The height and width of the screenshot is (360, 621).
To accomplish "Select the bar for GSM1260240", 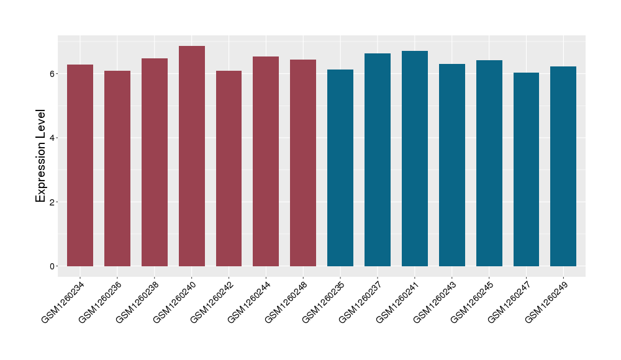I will pos(192,156).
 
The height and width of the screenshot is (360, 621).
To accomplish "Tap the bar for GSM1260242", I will pos(229,168).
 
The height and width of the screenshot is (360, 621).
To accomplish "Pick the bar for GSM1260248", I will pos(303,163).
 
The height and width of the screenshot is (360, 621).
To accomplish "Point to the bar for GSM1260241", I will pos(415,158).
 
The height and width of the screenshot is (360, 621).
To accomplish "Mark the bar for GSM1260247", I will pos(526,169).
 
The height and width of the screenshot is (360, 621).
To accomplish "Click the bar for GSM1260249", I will pos(563,166).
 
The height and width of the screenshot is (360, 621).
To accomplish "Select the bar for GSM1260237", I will pos(378,160).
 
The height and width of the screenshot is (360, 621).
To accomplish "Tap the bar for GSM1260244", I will pos(266,161).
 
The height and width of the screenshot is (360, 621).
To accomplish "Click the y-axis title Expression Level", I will pos(41,156).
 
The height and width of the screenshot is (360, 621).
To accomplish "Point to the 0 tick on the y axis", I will pos(54,266).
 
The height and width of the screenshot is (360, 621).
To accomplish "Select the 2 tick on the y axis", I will pos(54,202).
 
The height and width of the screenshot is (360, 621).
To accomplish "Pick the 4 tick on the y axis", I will pos(54,138).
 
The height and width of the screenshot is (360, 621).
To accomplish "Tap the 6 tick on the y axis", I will pos(54,73).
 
